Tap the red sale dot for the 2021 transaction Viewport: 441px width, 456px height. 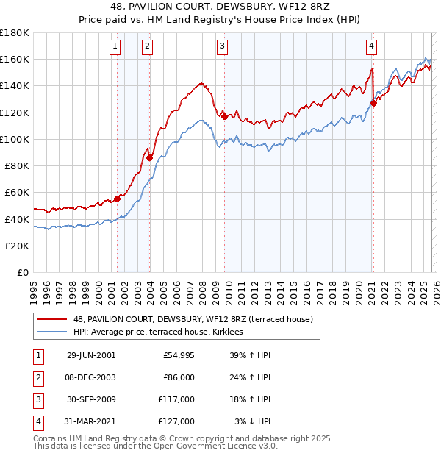tap(373, 103)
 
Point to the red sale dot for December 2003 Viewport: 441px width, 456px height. tap(149, 157)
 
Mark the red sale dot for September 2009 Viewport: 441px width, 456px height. tap(225, 115)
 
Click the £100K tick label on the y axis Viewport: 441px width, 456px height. tap(15, 139)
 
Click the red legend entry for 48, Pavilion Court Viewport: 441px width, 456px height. tap(193, 319)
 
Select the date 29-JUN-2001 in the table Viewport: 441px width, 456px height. tap(91, 355)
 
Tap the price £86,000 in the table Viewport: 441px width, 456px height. tap(179, 377)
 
